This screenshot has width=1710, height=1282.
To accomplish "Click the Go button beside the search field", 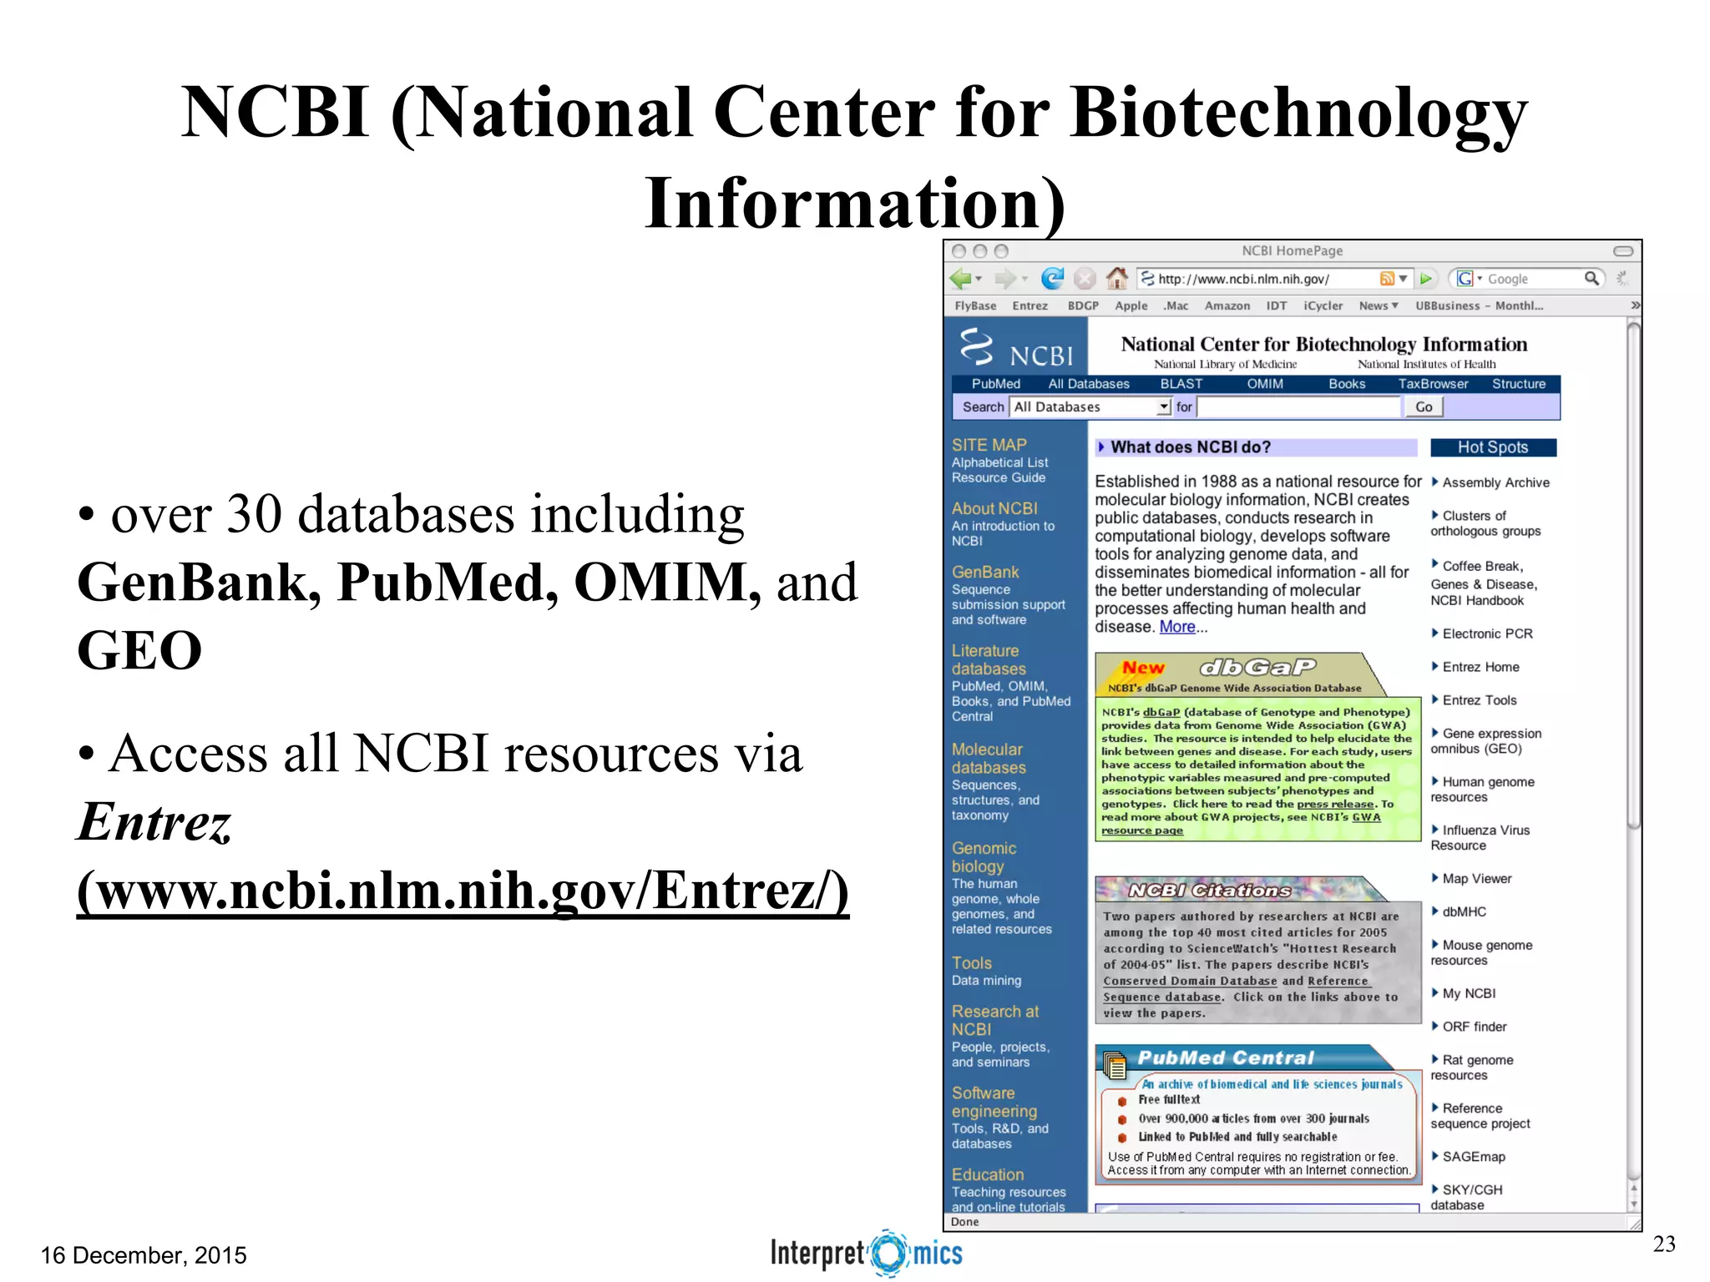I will [x=1424, y=406].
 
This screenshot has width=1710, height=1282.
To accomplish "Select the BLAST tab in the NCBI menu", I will [x=1181, y=384].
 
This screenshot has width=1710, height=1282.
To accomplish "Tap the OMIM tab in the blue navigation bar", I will [x=1265, y=384].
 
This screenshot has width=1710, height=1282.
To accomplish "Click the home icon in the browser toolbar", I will [x=1116, y=278].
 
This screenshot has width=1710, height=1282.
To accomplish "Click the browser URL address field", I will [x=1261, y=279].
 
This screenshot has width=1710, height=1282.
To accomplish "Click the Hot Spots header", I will [x=1493, y=447].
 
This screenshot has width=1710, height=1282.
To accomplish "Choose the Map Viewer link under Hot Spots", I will [x=1476, y=879].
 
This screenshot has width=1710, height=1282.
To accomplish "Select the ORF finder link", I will [x=1474, y=1027].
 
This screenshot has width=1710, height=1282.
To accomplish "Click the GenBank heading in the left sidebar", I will [x=985, y=572].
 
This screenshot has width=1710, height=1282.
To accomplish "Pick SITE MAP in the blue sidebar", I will [x=989, y=445].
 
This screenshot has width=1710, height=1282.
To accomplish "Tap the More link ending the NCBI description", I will [x=1177, y=627].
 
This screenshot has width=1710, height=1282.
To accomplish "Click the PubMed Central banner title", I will [x=1225, y=1057].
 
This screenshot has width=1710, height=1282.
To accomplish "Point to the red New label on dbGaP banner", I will [x=1143, y=668].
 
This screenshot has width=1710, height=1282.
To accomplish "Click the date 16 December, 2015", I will [x=144, y=1254].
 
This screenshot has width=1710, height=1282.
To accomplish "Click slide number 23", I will [x=1663, y=1244].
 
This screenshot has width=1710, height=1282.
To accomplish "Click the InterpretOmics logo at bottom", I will [x=866, y=1253].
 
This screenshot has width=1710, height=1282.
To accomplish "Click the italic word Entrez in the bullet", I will [x=154, y=822].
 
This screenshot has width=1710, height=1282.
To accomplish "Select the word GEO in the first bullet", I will [x=139, y=650].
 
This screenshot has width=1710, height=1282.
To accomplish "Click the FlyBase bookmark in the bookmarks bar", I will [x=975, y=305].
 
